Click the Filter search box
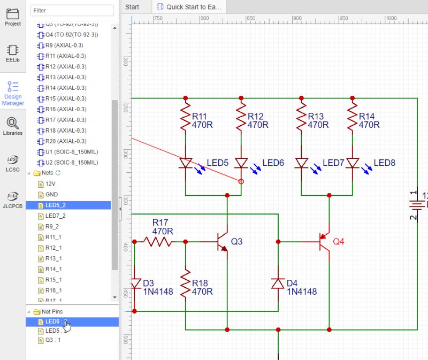pyautogui.click(x=72, y=10)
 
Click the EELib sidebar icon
pyautogui.click(x=13, y=53)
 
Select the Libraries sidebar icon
pyautogui.click(x=13, y=126)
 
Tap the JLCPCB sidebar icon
pyautogui.click(x=13, y=199)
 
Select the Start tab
pyautogui.click(x=132, y=6)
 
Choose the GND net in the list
pyautogui.click(x=51, y=194)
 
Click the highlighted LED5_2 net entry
pyautogui.click(x=56, y=205)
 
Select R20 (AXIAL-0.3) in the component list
pyautogui.click(x=66, y=141)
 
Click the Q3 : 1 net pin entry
pyautogui.click(x=53, y=340)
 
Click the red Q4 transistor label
pyautogui.click(x=339, y=241)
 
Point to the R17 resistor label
pyautogui.click(x=160, y=222)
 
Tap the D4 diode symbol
pyautogui.click(x=278, y=283)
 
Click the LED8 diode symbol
pyautogui.click(x=352, y=163)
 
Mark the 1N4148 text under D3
pyautogui.click(x=157, y=292)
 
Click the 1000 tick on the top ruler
pyautogui.click(x=391, y=18)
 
